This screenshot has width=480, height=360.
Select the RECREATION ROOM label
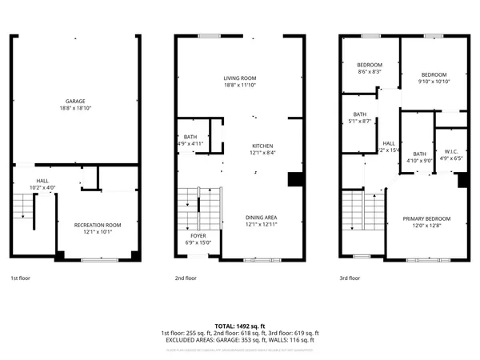[x=98, y=225]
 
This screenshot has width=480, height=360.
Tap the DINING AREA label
[x=262, y=218]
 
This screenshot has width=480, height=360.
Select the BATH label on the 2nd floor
[x=190, y=136]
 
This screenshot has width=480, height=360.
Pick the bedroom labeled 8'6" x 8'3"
[x=369, y=65]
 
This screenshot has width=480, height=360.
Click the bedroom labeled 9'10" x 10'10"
[x=434, y=74]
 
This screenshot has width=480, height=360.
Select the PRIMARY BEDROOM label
[x=426, y=218]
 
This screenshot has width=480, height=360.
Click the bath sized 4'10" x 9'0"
[x=419, y=154]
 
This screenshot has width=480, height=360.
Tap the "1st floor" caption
[x=21, y=278]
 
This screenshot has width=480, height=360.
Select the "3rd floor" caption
[x=349, y=278]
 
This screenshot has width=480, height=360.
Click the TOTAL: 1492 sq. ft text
[x=239, y=326]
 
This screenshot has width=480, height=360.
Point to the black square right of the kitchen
[x=294, y=180]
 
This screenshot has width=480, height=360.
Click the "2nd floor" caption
[x=185, y=278]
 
